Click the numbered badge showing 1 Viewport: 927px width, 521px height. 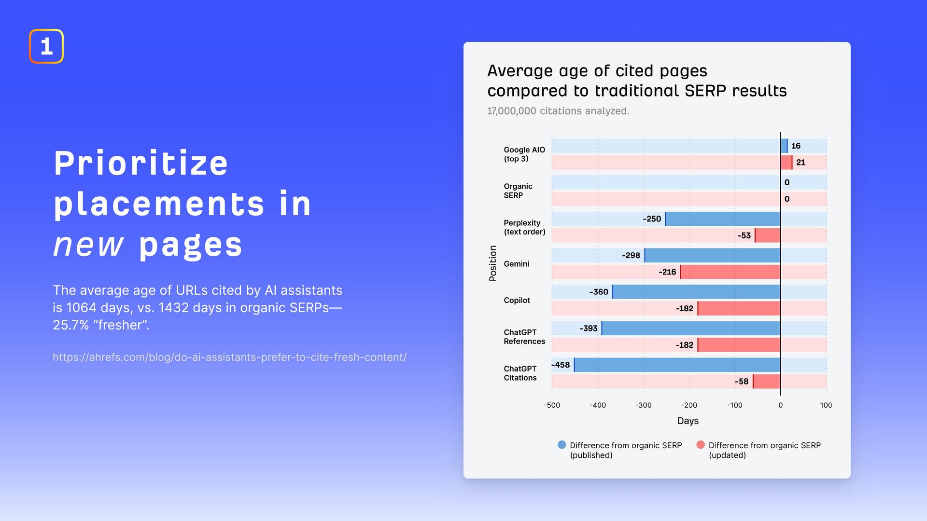pyautogui.click(x=46, y=46)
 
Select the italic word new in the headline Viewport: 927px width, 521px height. pyautogui.click(x=88, y=245)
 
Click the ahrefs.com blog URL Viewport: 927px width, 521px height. pyautogui.click(x=229, y=357)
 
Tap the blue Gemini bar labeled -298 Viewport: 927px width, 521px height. pyautogui.click(x=712, y=256)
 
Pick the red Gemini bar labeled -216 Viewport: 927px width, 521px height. pyautogui.click(x=730, y=272)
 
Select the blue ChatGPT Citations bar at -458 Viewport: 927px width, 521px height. pyautogui.click(x=677, y=365)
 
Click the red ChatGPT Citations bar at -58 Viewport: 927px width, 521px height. pyautogui.click(x=767, y=382)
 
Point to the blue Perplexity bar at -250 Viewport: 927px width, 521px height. pyautogui.click(x=723, y=219)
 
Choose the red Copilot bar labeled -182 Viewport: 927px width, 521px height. pyautogui.click(x=739, y=309)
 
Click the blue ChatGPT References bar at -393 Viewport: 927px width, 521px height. pyautogui.click(x=691, y=329)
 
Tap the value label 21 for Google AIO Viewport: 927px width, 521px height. pyautogui.click(x=801, y=163)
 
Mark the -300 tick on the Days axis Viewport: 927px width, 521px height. pyautogui.click(x=643, y=405)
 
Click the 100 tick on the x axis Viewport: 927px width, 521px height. pyautogui.click(x=826, y=405)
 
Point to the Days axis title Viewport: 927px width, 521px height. pyautogui.click(x=688, y=421)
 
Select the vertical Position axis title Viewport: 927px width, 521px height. pyautogui.click(x=492, y=263)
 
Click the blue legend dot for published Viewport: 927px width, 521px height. pyautogui.click(x=562, y=445)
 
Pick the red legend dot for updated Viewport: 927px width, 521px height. pyautogui.click(x=701, y=445)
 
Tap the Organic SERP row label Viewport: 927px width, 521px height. pyautogui.click(x=518, y=191)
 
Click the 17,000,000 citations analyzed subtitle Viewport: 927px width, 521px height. pyautogui.click(x=558, y=111)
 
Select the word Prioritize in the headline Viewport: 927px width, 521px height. pyautogui.click(x=140, y=163)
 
